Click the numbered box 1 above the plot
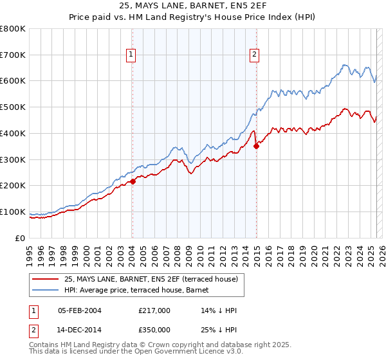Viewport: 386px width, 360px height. (131, 55)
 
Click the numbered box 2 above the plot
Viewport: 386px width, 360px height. (255, 55)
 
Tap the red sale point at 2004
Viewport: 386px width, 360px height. (133, 181)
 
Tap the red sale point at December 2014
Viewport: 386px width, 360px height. (256, 146)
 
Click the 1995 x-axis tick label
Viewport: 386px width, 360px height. (30, 251)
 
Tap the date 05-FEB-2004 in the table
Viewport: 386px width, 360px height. (80, 310)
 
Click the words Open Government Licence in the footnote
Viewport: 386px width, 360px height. (191, 352)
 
